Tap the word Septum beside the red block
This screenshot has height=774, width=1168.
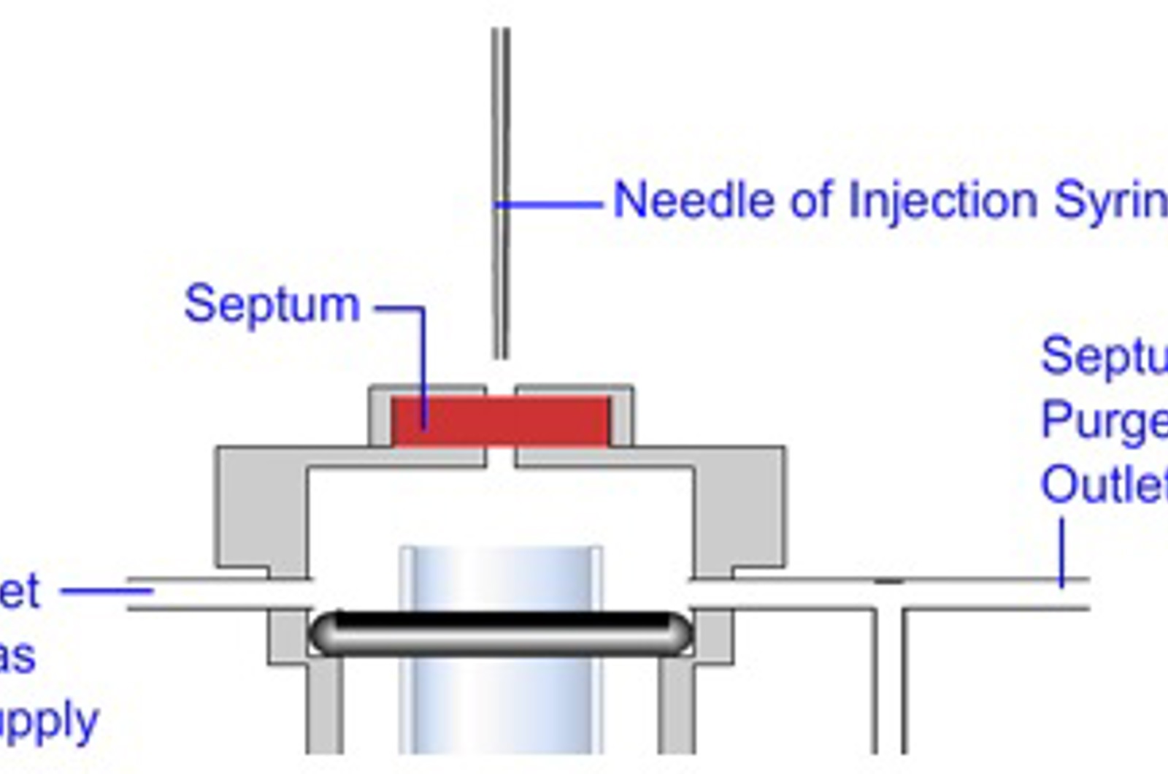point(272,304)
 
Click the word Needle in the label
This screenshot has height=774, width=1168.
point(693,200)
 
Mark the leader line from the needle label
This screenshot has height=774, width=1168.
point(551,205)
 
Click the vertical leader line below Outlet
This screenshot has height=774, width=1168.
point(1062,551)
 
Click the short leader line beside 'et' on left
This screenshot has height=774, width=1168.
point(106,591)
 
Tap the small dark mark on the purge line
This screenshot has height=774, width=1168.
point(888,581)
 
